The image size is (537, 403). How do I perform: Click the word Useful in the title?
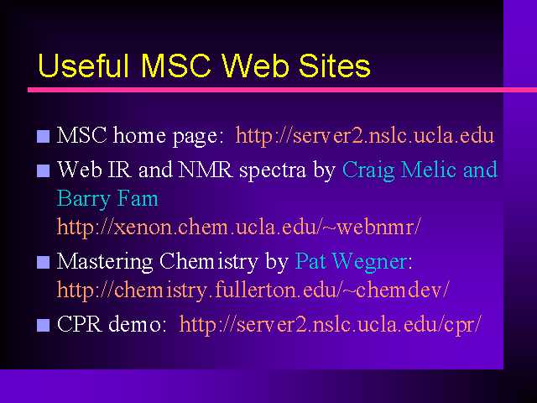tap(83, 65)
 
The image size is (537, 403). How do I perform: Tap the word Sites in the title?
tap(335, 65)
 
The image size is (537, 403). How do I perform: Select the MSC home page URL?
tap(365, 136)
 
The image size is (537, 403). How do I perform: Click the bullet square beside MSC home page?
tap(43, 136)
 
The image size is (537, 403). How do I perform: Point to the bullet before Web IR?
tap(43, 170)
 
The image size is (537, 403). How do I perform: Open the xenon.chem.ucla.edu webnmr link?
tap(238, 227)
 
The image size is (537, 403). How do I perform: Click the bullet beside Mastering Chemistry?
tap(43, 262)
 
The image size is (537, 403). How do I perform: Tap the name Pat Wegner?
tap(351, 262)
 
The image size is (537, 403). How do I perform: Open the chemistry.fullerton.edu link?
tap(253, 290)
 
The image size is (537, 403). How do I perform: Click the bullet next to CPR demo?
tap(43, 325)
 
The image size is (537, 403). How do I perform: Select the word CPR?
tap(80, 323)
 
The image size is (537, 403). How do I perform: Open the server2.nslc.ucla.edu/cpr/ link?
tap(331, 325)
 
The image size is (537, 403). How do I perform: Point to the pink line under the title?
tap(282, 90)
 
